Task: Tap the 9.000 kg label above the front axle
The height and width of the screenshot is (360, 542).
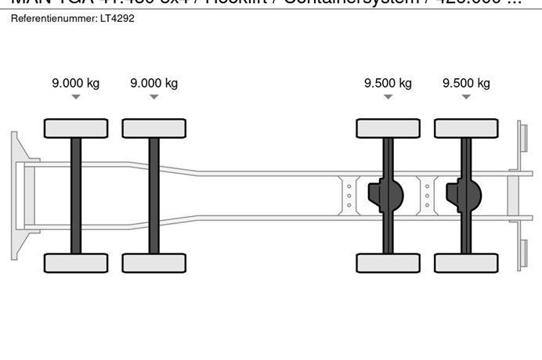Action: tap(76, 84)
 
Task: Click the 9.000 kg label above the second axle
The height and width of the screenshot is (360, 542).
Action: tap(154, 84)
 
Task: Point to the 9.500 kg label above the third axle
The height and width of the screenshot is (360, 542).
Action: tap(388, 84)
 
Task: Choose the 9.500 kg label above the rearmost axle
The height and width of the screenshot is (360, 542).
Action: tap(466, 84)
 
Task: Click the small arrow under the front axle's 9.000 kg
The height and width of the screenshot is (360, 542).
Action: tap(76, 97)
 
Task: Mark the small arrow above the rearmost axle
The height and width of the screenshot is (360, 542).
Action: tap(466, 97)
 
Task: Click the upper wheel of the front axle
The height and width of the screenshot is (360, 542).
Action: tap(76, 128)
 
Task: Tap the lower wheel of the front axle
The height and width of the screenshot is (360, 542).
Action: tap(76, 263)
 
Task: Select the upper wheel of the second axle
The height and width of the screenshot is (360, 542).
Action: tap(154, 128)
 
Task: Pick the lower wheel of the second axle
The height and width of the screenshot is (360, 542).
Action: tap(154, 263)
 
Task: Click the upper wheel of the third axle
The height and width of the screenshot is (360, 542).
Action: tap(388, 128)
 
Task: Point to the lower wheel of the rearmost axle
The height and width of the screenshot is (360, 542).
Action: tap(466, 263)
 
